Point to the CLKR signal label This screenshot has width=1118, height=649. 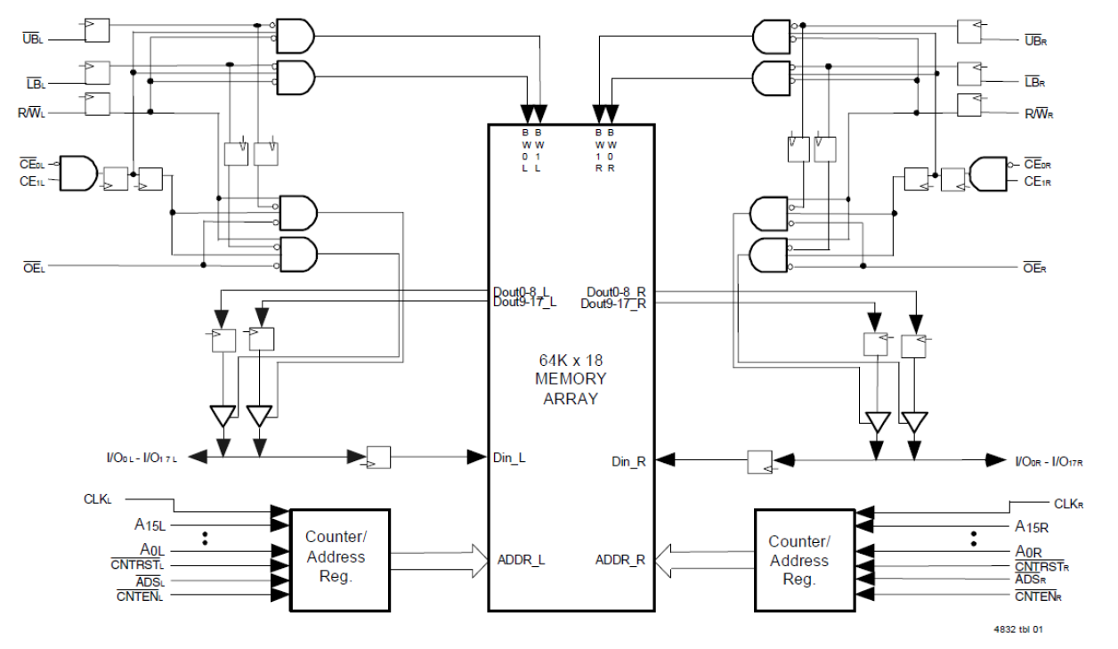point(1068,504)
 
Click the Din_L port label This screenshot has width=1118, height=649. point(509,458)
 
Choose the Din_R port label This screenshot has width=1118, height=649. point(628,461)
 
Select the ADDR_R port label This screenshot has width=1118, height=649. point(620,560)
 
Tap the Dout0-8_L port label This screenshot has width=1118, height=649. point(524,292)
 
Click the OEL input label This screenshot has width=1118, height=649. point(32,266)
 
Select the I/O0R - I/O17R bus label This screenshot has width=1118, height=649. point(1055,461)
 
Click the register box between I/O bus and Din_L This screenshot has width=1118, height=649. point(377,458)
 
